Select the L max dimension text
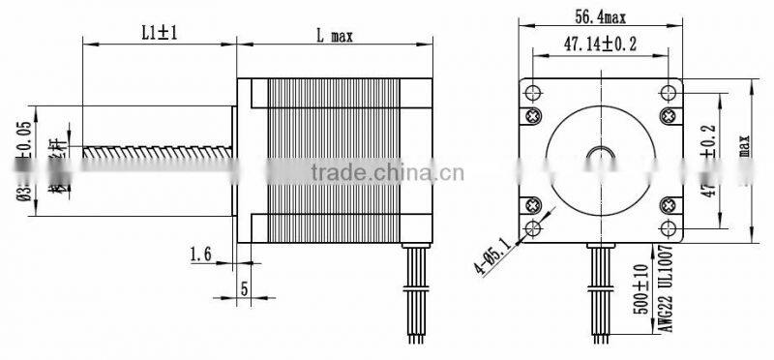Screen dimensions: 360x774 point(334,35)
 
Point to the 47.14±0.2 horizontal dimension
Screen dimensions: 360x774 point(601,44)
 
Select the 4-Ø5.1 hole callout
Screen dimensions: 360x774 point(490,249)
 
